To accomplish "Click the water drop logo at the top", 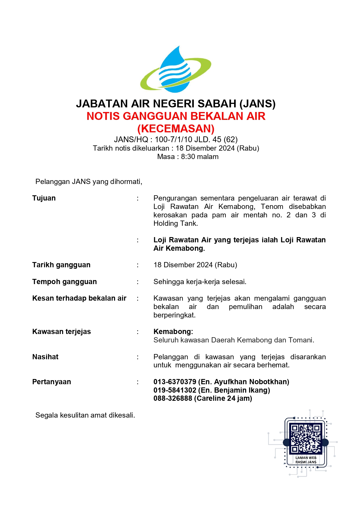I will point(176,70).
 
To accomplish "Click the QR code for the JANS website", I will point(306,438).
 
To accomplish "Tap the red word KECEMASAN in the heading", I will point(176,129).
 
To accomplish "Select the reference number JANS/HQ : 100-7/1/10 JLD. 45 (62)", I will point(176,140).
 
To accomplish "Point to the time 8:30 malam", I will point(200,157).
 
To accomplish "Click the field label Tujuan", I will point(44,198).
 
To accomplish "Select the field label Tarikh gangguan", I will point(61,265).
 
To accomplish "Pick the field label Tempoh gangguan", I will point(64,282).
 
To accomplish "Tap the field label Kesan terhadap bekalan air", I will point(79,298).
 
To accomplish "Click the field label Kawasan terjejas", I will point(61,332).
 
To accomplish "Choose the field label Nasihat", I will point(45,357).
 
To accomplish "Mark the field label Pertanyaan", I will point(52,382).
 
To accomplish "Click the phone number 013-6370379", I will point(175,382).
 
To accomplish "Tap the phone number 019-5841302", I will point(175,390).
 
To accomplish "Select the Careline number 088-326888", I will point(173,398).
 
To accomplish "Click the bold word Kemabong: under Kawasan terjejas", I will point(173,332).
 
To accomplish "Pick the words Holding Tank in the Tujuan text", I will point(175,223).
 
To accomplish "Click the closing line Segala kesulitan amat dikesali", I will point(85,415).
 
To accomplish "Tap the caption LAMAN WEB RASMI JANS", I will point(306,460).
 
